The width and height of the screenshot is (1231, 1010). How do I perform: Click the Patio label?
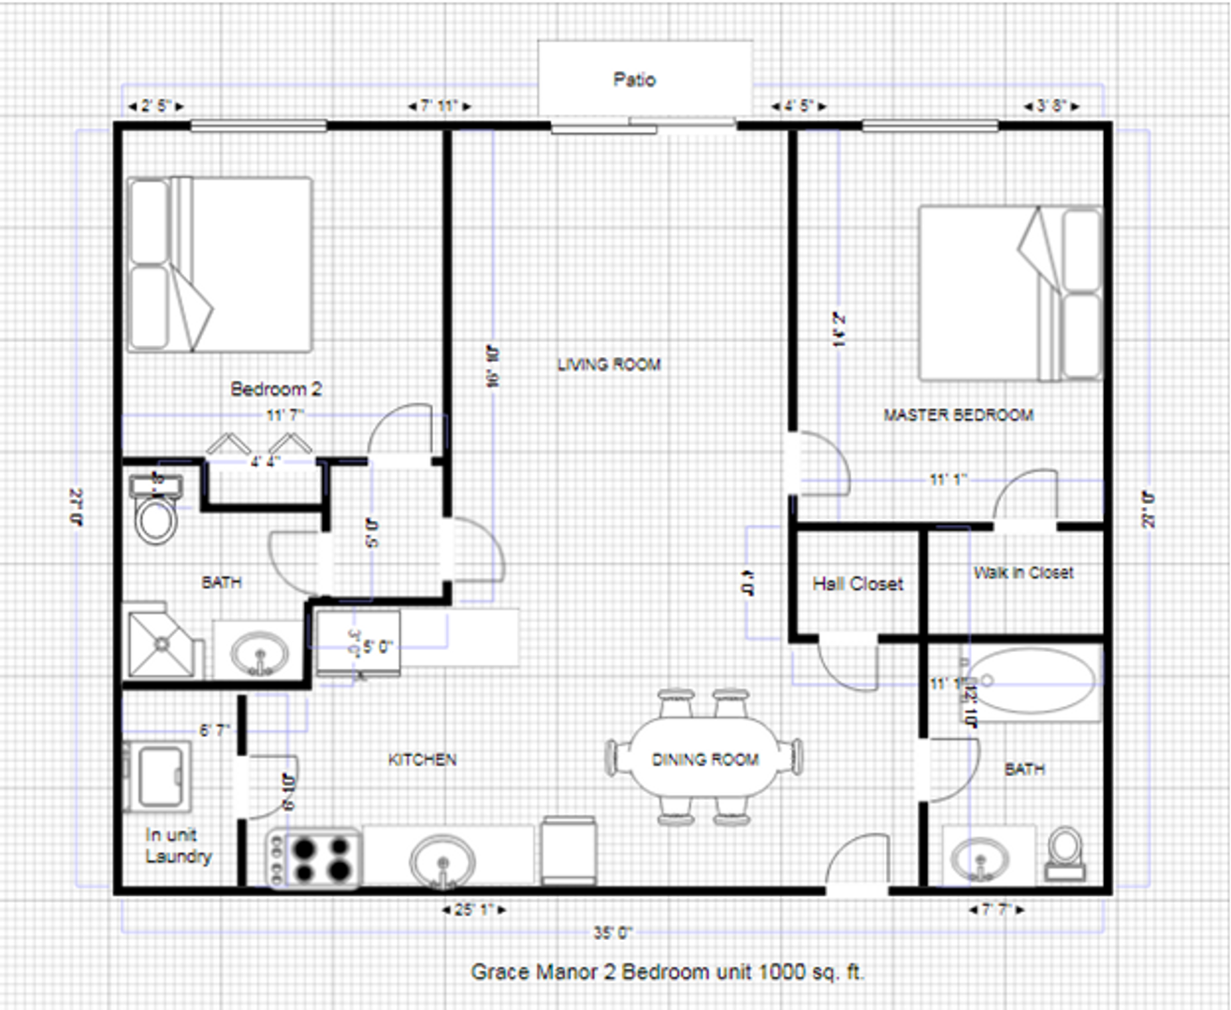[634, 79]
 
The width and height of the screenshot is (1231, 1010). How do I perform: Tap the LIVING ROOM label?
[609, 365]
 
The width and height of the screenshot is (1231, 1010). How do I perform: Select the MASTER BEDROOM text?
[958, 414]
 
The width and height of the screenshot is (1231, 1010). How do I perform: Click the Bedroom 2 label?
[276, 389]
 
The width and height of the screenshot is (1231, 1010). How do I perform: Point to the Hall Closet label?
[858, 584]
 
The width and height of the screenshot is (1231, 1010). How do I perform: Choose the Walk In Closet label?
[1023, 572]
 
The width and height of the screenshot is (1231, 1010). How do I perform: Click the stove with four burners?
[314, 858]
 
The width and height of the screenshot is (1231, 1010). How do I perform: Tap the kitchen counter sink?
[443, 858]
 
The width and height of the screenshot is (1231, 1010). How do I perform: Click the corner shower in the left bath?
[163, 643]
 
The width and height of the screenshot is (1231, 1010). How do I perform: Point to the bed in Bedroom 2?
[220, 265]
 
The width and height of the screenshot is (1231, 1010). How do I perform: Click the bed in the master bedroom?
[1010, 294]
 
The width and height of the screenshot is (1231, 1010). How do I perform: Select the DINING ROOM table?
[703, 758]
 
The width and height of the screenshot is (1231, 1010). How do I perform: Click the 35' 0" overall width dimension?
[613, 932]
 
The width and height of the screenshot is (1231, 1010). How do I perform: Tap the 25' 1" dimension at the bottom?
[474, 909]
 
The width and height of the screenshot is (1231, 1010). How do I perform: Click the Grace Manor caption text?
[667, 972]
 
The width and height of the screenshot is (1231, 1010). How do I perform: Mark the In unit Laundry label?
[178, 845]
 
